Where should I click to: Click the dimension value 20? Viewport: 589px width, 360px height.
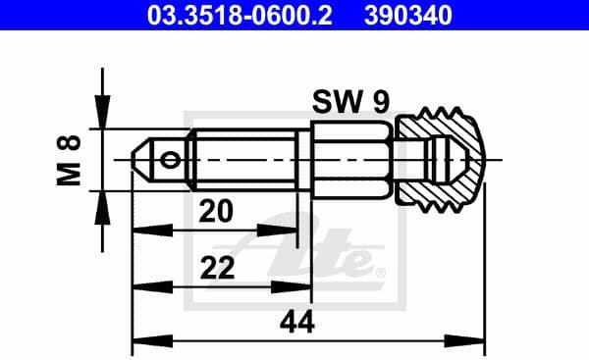tap(218, 210)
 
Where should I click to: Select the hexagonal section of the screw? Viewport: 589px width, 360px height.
tap(350, 158)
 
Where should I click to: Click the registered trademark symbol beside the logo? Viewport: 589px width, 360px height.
tap(381, 271)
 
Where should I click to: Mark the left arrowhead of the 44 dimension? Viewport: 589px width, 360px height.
tap(140, 342)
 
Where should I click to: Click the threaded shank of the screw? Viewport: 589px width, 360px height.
tap(245, 158)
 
